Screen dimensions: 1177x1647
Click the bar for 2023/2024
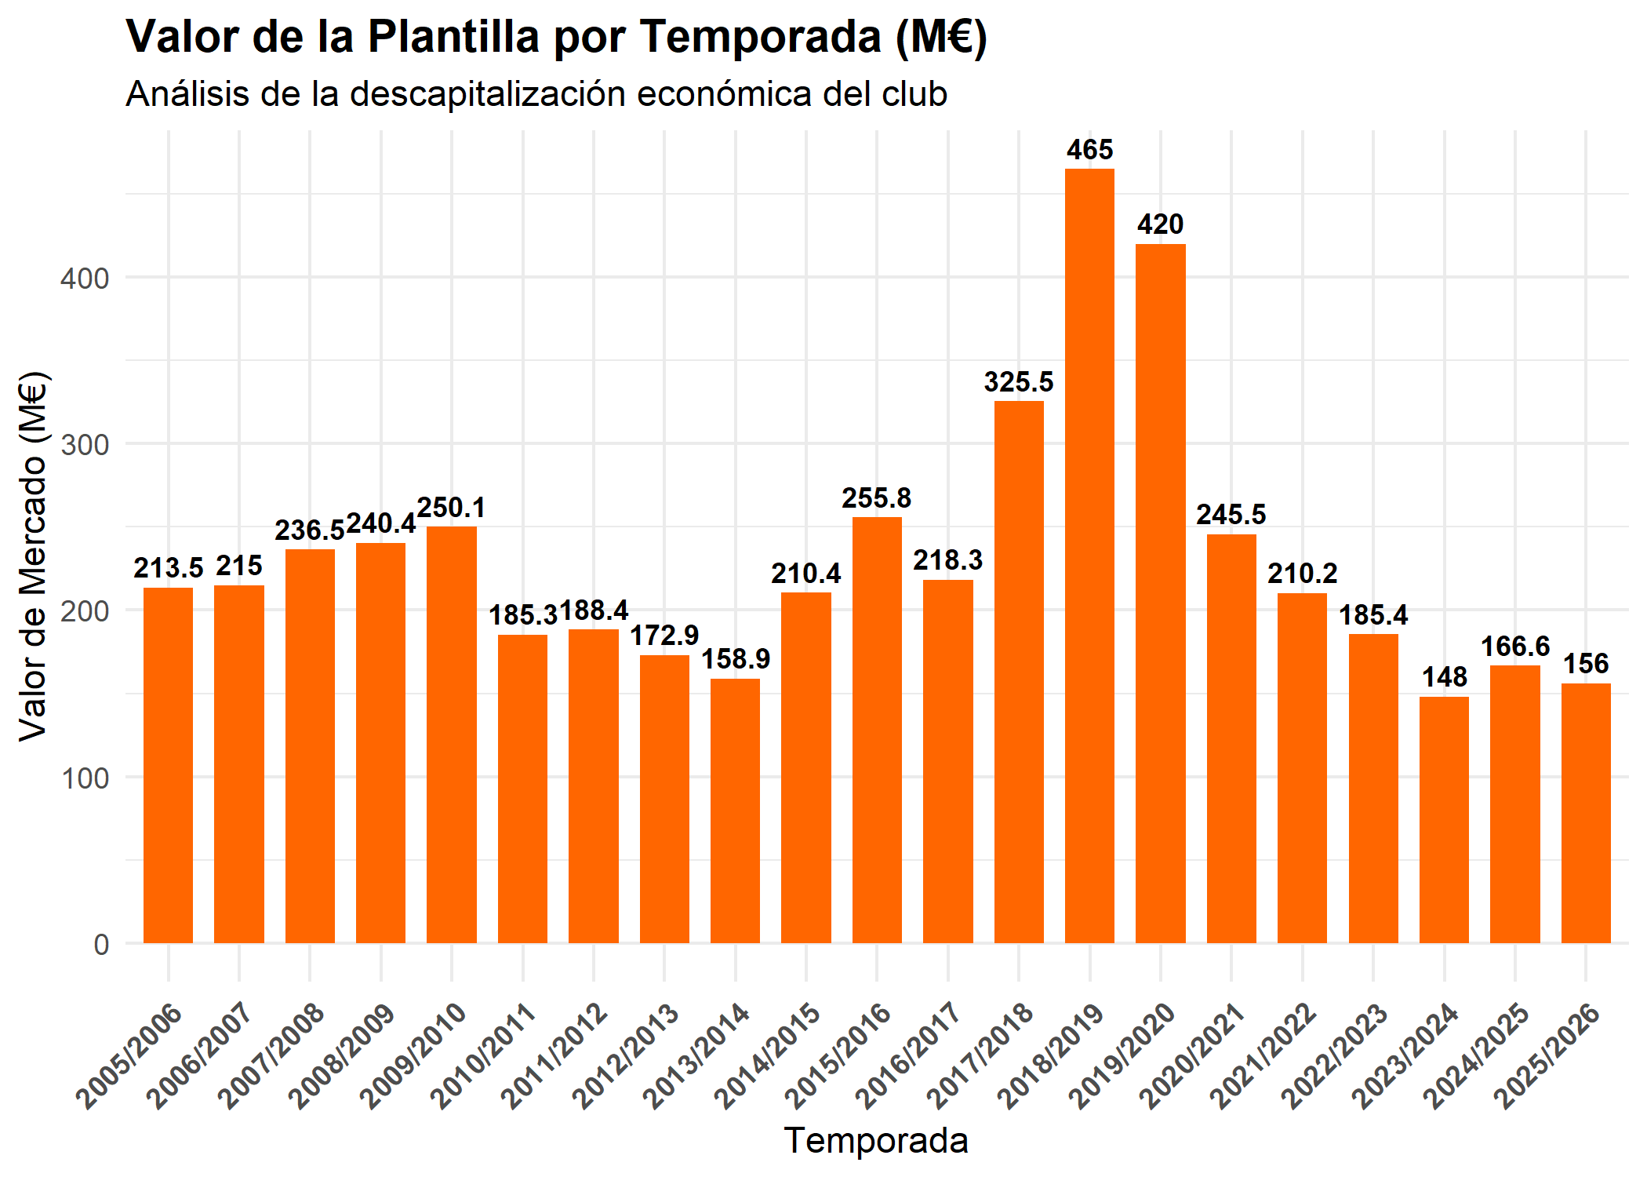tap(1444, 820)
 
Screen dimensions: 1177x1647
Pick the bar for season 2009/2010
tap(451, 734)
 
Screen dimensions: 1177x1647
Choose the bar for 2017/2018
tap(1019, 672)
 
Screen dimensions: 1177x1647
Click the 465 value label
tap(1089, 149)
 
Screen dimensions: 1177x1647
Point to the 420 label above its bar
tap(1160, 224)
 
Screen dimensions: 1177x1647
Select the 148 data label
tap(1444, 677)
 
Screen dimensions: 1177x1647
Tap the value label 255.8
tap(877, 498)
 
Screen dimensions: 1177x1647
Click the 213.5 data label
tap(168, 568)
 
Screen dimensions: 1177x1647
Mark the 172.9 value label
tap(664, 636)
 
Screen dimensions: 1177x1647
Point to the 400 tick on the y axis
tap(85, 278)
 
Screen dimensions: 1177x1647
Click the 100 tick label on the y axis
tap(85, 778)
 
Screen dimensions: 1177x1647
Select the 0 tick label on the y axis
tap(101, 945)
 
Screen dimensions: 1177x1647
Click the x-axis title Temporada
tap(876, 1141)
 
